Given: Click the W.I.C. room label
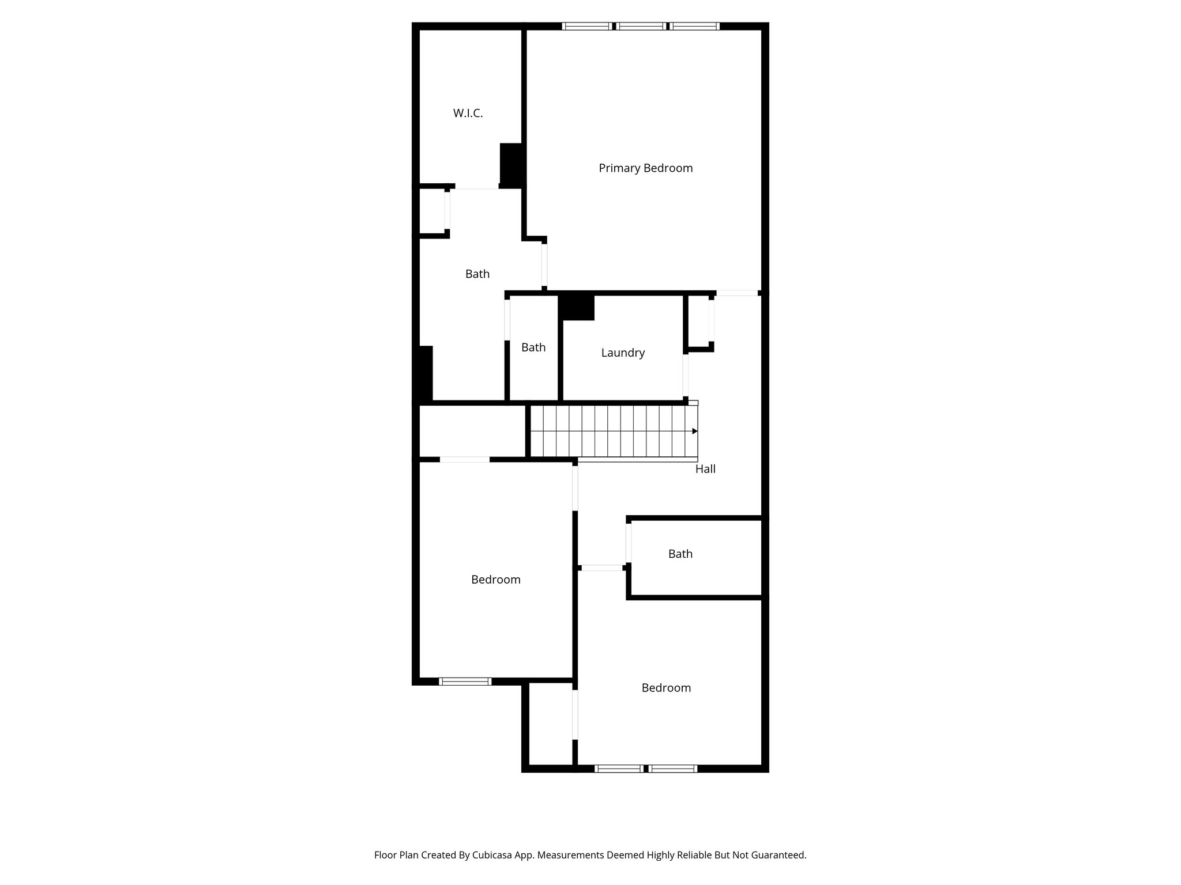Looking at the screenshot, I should (468, 114).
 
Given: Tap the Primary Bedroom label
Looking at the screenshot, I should (645, 168).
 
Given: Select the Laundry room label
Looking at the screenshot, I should (623, 353).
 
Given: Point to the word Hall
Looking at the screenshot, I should (705, 469).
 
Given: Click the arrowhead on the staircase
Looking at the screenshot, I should (695, 431).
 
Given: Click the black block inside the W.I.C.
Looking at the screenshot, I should (511, 164).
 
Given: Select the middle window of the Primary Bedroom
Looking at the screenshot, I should (641, 26).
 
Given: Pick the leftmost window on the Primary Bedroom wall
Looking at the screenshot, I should (586, 26).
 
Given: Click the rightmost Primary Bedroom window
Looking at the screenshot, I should (695, 26).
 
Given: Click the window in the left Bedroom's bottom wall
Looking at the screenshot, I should (465, 681).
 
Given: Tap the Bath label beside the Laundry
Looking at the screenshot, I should (533, 347).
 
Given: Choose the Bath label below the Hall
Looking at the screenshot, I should (680, 554).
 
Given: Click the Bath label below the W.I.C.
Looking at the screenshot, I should (477, 274).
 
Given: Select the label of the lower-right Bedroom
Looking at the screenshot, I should (666, 688).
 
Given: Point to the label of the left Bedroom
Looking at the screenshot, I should (496, 580).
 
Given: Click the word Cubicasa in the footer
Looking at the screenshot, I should (493, 855).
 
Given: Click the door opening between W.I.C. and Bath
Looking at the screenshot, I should (476, 187).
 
